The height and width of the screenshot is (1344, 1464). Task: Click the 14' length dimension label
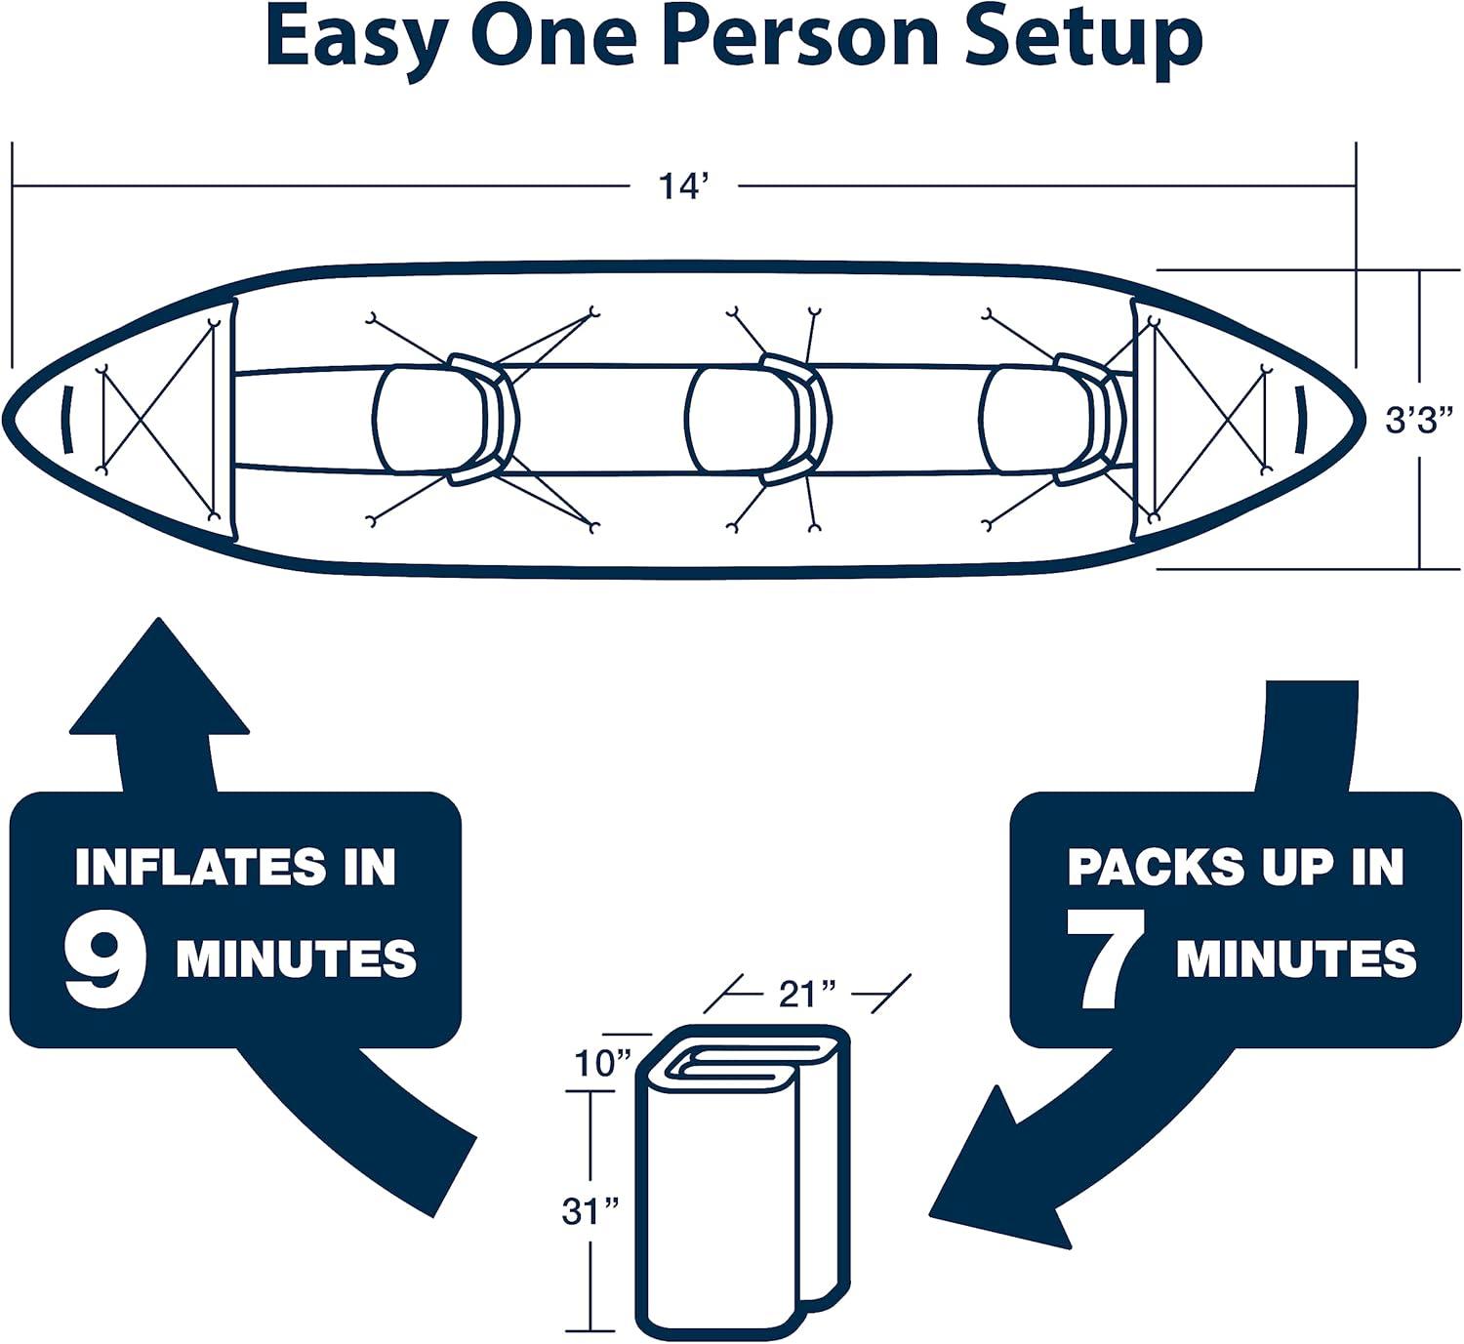coord(681,185)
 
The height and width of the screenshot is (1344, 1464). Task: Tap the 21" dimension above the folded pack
coord(807,994)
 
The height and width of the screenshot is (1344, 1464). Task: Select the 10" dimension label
coord(602,1063)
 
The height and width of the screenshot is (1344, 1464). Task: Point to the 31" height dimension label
coord(590,1211)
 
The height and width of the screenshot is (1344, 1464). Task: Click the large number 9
coord(105,960)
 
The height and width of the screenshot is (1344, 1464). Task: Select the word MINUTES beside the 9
coord(296,960)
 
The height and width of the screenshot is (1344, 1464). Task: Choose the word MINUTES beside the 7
coord(1295,960)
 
